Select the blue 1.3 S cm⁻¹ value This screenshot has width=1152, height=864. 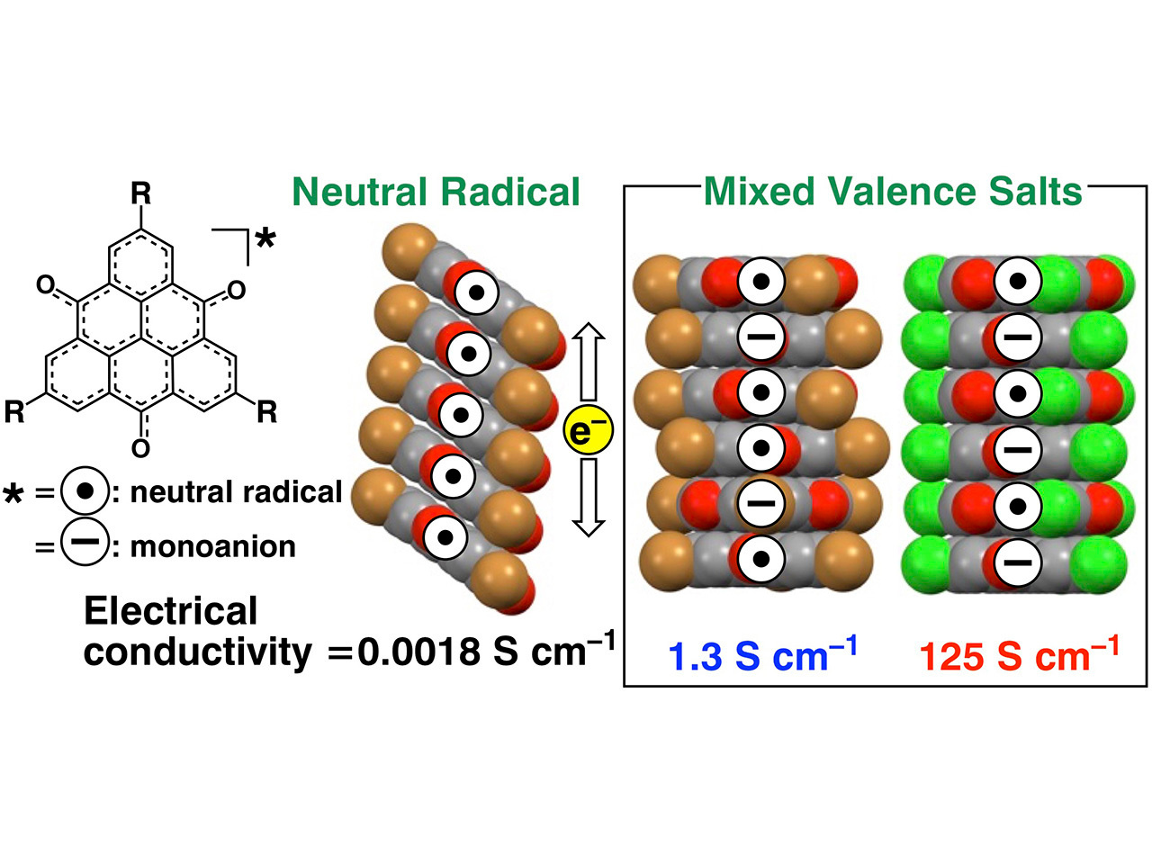(761, 654)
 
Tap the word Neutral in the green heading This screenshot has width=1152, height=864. (360, 193)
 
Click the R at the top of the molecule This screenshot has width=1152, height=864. (140, 193)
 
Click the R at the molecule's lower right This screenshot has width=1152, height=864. (266, 413)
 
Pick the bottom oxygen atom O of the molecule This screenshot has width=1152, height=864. (140, 447)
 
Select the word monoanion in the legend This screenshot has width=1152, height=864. (212, 546)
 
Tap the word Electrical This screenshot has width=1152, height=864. (170, 611)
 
